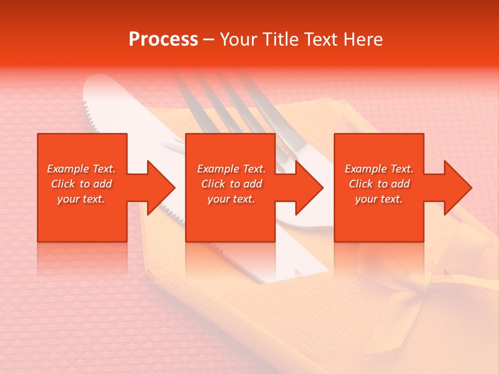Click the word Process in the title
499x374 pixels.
[163, 39]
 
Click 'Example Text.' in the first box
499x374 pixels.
[81, 169]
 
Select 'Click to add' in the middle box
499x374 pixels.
[231, 184]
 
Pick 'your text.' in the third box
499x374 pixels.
[378, 199]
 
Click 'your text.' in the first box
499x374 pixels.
[81, 199]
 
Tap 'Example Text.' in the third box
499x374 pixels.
[378, 169]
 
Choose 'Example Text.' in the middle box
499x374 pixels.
[231, 169]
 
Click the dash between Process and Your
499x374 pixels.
[209, 40]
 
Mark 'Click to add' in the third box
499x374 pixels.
[379, 184]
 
